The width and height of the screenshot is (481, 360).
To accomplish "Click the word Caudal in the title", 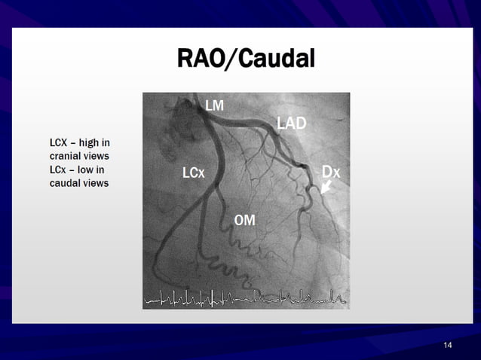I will (x=276, y=58).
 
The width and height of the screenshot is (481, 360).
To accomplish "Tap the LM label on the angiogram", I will (x=215, y=106).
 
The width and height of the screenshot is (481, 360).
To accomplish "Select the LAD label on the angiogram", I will (x=291, y=123).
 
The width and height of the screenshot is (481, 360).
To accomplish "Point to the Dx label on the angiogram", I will (x=330, y=172).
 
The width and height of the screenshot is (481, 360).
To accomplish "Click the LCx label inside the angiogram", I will (x=193, y=173).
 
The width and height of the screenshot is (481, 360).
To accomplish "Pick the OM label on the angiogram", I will (x=244, y=220).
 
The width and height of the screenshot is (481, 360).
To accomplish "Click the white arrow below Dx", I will (x=326, y=187).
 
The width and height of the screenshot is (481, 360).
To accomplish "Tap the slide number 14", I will (x=448, y=345).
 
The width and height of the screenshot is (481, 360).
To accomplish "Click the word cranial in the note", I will (x=63, y=155).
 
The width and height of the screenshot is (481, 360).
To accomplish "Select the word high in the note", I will (x=90, y=142).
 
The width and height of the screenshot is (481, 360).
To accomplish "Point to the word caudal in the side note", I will (x=63, y=183).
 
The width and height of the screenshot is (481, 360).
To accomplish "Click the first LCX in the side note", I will (x=60, y=142).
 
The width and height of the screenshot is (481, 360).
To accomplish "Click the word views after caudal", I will (x=94, y=183).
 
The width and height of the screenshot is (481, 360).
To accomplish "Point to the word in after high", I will (x=106, y=142).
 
